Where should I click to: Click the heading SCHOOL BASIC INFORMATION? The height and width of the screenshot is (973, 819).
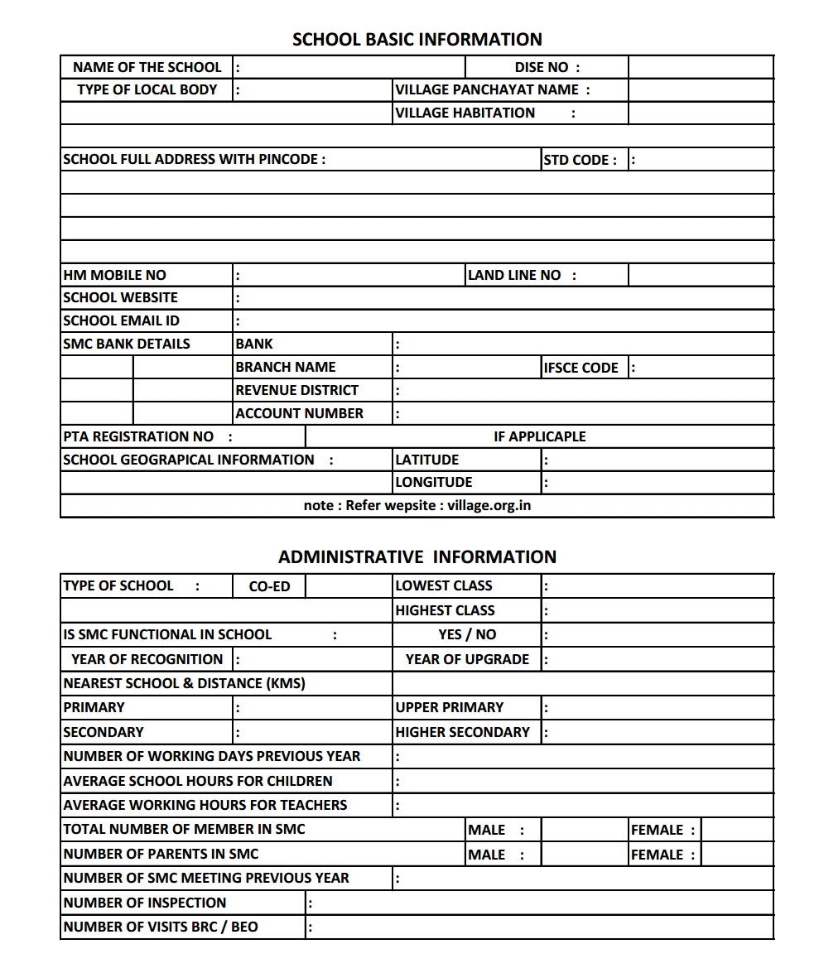(x=417, y=39)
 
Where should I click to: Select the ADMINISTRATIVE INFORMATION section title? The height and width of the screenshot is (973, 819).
(x=417, y=556)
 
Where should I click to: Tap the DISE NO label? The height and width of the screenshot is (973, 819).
(x=547, y=67)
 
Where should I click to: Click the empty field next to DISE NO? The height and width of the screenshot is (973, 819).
(x=701, y=67)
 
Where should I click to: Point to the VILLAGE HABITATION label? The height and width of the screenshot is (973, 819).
(x=465, y=113)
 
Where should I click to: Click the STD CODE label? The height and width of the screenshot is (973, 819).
(x=580, y=160)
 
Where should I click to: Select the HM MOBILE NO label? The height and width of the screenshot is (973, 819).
(x=115, y=275)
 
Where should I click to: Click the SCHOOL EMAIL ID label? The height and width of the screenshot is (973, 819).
(x=122, y=320)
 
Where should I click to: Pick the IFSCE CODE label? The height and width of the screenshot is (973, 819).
(x=581, y=368)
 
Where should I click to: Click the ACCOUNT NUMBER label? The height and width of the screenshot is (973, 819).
(x=299, y=413)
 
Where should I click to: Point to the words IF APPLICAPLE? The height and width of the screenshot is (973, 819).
(x=539, y=436)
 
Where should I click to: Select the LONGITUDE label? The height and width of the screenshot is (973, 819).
(x=434, y=482)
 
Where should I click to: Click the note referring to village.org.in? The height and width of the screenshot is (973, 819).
(x=417, y=505)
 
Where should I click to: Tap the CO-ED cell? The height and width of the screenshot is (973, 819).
(x=269, y=586)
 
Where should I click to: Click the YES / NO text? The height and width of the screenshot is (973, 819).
(x=467, y=634)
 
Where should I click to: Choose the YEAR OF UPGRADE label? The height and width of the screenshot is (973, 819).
(x=467, y=659)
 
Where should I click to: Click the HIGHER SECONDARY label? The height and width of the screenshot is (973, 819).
(x=462, y=732)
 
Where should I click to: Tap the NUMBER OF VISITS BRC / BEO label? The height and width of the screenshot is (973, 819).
(x=161, y=927)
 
